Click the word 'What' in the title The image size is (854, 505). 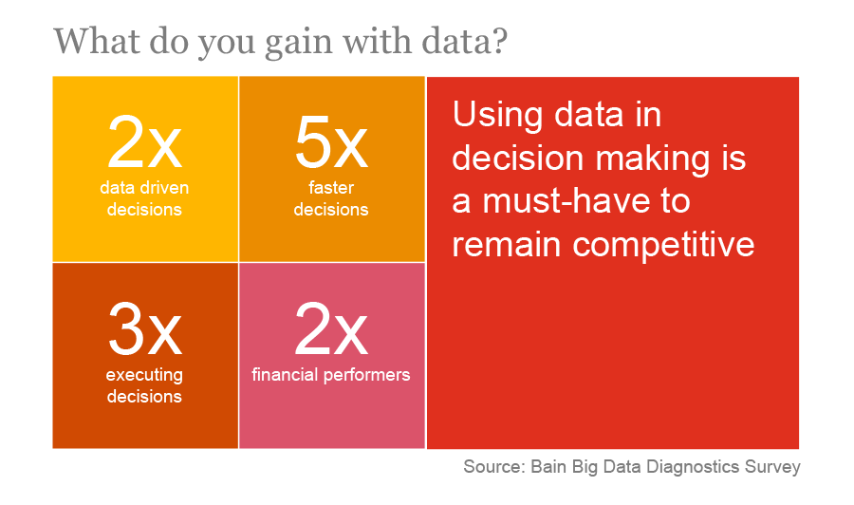pyautogui.click(x=97, y=41)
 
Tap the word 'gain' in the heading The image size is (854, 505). pyautogui.click(x=299, y=44)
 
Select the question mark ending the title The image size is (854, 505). pyautogui.click(x=498, y=40)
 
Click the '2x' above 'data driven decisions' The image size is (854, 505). pyautogui.click(x=144, y=142)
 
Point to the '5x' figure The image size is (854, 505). pyautogui.click(x=331, y=142)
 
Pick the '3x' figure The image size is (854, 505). pyautogui.click(x=144, y=328)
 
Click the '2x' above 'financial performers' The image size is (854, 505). pyautogui.click(x=331, y=328)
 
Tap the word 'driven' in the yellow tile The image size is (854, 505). pyautogui.click(x=163, y=187)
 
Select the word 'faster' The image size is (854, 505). pyautogui.click(x=331, y=187)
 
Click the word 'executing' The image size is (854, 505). pyautogui.click(x=144, y=375)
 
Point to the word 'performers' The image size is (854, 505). pyautogui.click(x=366, y=375)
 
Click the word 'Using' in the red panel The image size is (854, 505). pyautogui.click(x=498, y=116)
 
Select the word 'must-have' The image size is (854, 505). pyautogui.click(x=566, y=201)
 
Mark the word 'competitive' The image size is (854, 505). pyautogui.click(x=663, y=245)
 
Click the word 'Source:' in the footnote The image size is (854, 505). pyautogui.click(x=494, y=467)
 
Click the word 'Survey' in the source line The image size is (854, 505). pyautogui.click(x=772, y=468)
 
